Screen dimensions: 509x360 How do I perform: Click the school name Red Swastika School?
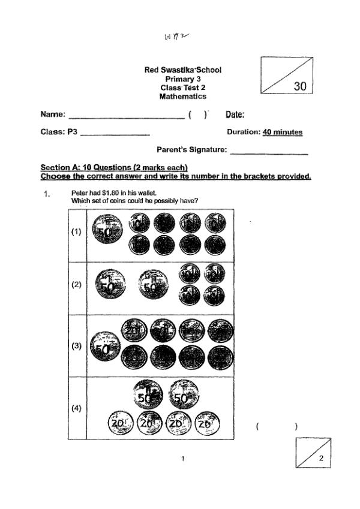pos(183,70)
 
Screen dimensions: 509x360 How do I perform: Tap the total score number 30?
pos(300,86)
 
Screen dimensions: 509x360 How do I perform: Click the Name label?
pos(52,115)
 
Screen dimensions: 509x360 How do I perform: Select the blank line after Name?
pos(127,118)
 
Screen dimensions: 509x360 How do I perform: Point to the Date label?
pos(235,115)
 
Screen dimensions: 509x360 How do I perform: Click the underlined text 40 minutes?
pos(283,132)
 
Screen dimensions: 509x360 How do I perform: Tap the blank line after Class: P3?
pos(115,135)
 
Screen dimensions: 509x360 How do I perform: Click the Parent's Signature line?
pos(269,153)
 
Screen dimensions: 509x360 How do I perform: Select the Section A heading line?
pos(114,167)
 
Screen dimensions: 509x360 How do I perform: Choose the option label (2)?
pos(76,285)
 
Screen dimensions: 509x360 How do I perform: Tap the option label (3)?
pos(76,346)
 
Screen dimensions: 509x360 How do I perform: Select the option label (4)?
pos(76,409)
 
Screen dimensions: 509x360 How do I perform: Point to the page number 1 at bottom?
pos(182,459)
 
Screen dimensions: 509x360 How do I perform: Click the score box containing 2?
pos(313,453)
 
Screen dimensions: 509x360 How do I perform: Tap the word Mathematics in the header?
pos(183,96)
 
